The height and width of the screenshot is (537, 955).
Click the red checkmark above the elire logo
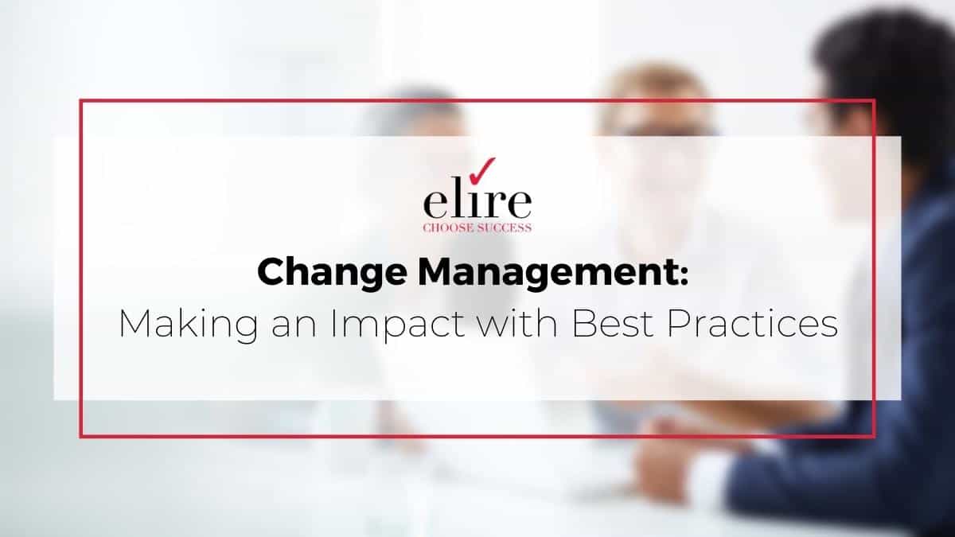[484, 169]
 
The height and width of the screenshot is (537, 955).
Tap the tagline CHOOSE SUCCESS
[477, 228]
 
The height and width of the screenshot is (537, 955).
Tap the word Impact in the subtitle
[350, 325]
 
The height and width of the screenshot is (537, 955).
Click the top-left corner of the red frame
[80, 100]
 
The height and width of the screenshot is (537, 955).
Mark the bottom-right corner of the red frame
[874, 435]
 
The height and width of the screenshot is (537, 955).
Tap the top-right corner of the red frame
[874, 100]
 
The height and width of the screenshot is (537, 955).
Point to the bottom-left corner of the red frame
[80, 435]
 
